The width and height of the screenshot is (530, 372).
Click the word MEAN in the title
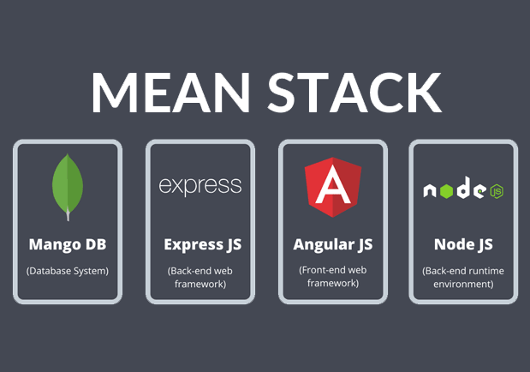tap(170, 93)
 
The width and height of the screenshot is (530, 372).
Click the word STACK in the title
tap(354, 93)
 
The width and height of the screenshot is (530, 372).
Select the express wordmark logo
tap(200, 186)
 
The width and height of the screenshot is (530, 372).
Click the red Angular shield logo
tap(333, 187)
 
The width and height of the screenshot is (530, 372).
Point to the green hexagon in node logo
tap(446, 191)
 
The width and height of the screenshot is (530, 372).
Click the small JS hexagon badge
tap(497, 192)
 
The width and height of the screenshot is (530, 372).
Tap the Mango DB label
tap(68, 244)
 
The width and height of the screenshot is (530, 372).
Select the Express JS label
tap(202, 245)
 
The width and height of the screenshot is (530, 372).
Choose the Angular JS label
tap(333, 245)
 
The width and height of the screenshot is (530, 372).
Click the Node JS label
tap(463, 245)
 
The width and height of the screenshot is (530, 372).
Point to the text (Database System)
tap(68, 271)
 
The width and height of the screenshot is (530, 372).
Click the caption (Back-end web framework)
tap(200, 277)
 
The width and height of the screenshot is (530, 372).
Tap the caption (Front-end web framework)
tap(333, 277)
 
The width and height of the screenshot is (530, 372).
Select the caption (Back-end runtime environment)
tap(463, 277)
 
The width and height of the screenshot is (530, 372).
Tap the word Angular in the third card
tap(319, 245)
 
